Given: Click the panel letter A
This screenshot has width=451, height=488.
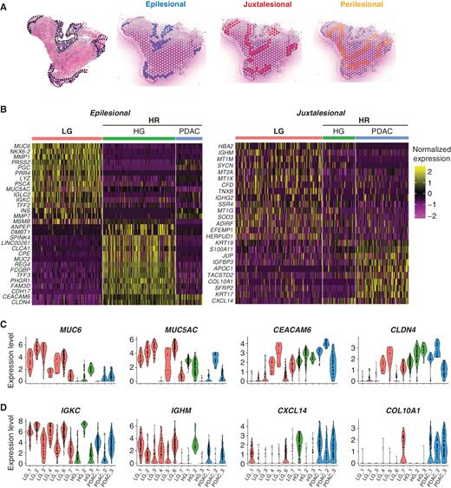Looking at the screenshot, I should point(6,6).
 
